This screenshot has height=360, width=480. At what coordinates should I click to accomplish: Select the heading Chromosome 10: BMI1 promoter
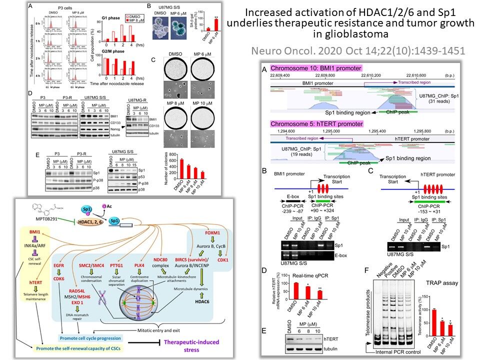click(316, 67)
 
